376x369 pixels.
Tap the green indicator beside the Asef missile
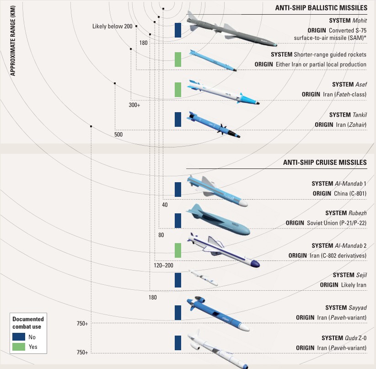[x=178, y=89]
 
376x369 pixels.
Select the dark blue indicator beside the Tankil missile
[x=178, y=119]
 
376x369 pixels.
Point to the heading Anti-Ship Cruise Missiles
[x=325, y=162]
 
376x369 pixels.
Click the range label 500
[x=118, y=135]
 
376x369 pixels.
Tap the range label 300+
[x=134, y=105]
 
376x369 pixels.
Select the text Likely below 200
[x=112, y=26]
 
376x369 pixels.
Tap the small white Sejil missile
[x=203, y=278]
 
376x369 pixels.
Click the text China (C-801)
[x=350, y=194]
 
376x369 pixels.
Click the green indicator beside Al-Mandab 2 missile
[x=178, y=250]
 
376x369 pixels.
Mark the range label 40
[x=165, y=205]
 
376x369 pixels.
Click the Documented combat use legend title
[x=28, y=323]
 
